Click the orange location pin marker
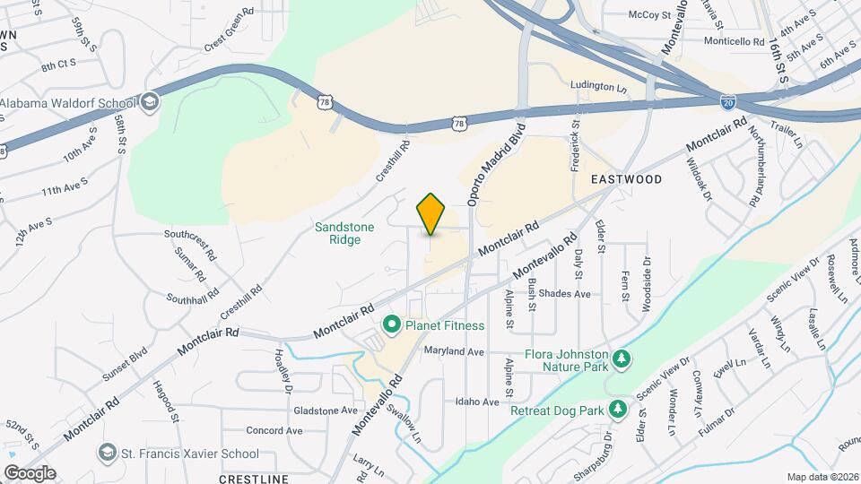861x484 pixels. [431, 213]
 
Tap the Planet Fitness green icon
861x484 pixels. [391, 324]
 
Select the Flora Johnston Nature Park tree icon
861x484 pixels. [620, 360]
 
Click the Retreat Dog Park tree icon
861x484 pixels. [617, 410]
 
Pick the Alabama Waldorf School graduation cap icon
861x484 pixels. [150, 102]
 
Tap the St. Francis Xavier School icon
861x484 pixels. [108, 450]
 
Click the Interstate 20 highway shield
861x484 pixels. [730, 103]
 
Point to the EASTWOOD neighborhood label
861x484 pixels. [626, 179]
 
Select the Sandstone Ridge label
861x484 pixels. [344, 234]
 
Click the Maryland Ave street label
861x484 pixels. [454, 351]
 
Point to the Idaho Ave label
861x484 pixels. [476, 402]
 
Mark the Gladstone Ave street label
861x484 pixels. [326, 411]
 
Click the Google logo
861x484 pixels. [30, 472]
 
